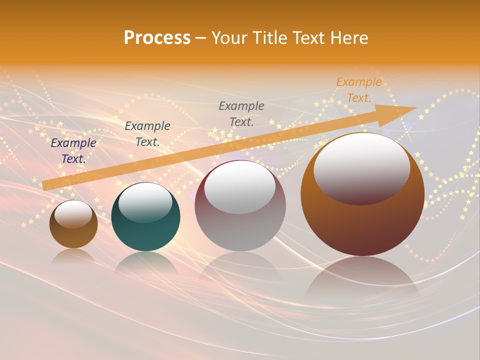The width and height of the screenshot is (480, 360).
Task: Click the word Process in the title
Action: (x=157, y=38)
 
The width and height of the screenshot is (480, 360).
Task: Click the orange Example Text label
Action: (x=359, y=90)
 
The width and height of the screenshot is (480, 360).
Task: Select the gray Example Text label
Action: (x=241, y=113)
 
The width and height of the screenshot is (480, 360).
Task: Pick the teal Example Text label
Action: (x=147, y=133)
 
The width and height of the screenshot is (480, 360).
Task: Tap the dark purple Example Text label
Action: (x=73, y=151)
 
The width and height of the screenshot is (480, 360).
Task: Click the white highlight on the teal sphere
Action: (x=145, y=202)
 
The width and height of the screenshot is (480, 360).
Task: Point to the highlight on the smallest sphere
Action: (x=73, y=214)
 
